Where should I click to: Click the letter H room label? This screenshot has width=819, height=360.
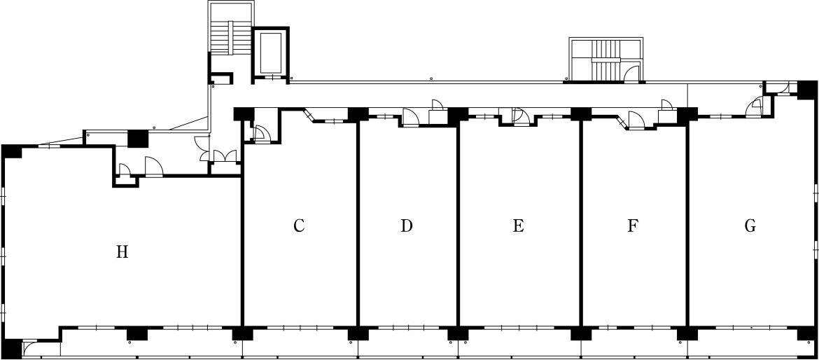click(122, 252)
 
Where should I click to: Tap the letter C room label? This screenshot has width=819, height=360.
click(299, 226)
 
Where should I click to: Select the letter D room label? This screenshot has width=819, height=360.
click(407, 226)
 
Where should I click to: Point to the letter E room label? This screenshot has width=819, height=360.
click(518, 226)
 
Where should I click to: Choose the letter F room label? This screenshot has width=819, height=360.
click(633, 226)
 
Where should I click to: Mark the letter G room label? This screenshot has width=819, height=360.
click(750, 226)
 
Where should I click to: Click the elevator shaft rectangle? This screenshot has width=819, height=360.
click(271, 53)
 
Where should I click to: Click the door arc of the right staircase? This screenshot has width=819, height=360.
click(632, 74)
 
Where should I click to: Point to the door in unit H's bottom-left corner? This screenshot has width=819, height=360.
click(30, 349)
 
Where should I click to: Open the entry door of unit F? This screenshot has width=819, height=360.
click(637, 119)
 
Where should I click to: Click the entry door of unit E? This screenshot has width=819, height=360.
click(517, 116)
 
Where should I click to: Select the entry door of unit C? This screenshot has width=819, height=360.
click(260, 133)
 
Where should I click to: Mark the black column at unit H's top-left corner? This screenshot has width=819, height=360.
click(11, 151)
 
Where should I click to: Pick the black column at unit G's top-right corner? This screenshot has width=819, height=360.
click(807, 89)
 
